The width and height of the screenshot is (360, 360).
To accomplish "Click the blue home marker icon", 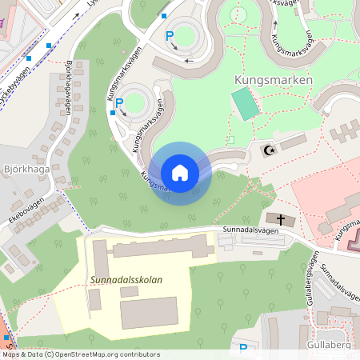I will coord(179,173).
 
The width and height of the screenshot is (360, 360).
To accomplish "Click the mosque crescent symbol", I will coord(268,150).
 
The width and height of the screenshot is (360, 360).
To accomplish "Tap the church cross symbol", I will coord(281,218).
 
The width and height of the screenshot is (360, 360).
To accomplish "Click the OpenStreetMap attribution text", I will coord(80,354).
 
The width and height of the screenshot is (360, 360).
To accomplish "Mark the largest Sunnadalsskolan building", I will coord(149,312).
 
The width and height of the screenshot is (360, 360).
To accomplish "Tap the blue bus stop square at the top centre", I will coord(164,15).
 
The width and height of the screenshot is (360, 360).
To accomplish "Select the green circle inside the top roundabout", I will coord(186,36).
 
